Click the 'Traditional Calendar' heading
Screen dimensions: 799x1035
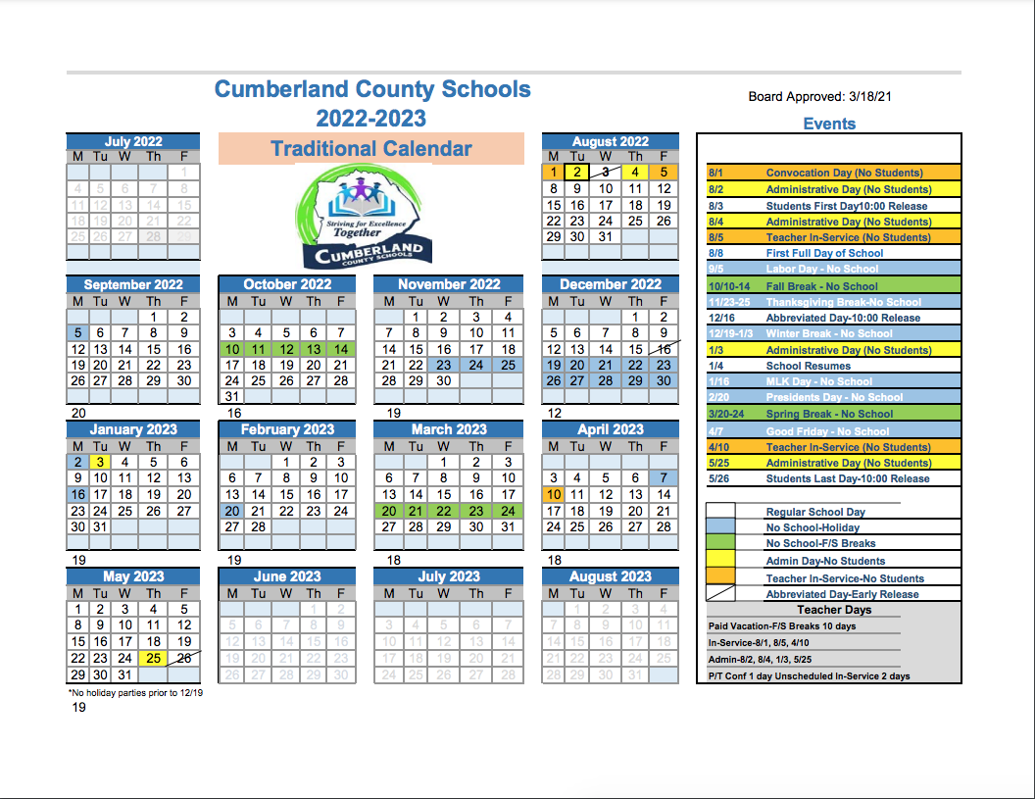[371, 149]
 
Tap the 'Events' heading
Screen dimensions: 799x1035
[829, 124]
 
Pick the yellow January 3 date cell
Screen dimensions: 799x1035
[101, 462]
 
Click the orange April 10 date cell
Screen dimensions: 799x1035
[555, 495]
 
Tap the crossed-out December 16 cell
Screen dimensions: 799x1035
[664, 349]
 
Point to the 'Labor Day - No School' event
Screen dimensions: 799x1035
[821, 269]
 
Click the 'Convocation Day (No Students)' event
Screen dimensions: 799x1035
[844, 174]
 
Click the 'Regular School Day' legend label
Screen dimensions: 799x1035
[815, 512]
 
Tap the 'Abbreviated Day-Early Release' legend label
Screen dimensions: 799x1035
[842, 594]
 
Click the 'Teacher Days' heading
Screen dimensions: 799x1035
[834, 610]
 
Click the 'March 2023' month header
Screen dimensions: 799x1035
[449, 429]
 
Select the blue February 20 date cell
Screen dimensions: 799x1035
[231, 511]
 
